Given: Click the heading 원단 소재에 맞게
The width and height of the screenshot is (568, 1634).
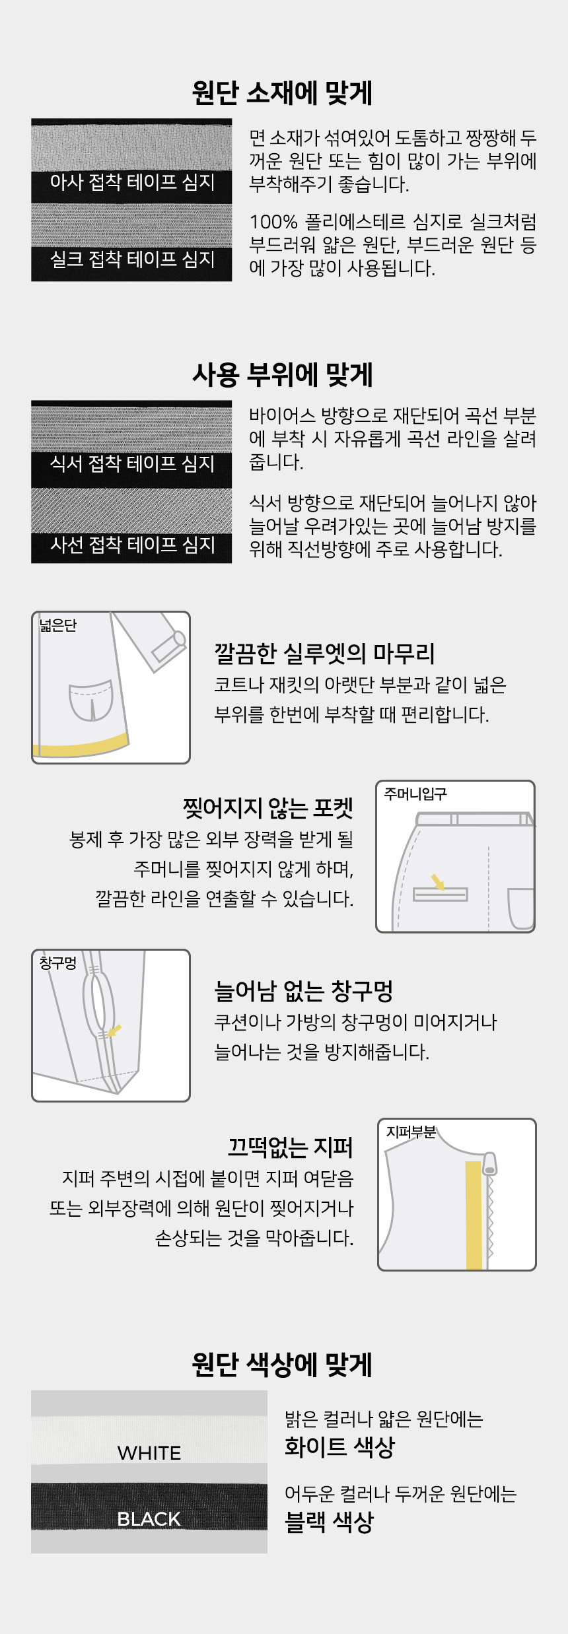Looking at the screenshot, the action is point(283,93).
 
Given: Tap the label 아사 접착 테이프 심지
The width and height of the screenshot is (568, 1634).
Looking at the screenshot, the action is point(132,182).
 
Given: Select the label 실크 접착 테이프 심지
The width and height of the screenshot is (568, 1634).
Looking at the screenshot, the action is point(132,259).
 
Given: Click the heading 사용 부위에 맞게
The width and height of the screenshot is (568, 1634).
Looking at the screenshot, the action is point(283,375).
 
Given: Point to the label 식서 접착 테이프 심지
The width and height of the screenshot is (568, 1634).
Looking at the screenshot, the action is point(132,464).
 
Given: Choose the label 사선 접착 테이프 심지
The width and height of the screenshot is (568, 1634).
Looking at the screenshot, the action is point(132,545).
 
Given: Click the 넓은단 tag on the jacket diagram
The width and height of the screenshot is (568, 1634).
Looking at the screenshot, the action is point(58,625).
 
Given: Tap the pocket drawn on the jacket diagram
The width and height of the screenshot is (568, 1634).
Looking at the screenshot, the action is point(91,700).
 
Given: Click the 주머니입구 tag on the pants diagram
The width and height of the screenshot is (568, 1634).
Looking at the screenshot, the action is point(415,794).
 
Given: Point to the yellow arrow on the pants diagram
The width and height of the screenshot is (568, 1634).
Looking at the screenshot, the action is point(438,882).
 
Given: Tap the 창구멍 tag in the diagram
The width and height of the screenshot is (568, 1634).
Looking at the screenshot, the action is point(58,963).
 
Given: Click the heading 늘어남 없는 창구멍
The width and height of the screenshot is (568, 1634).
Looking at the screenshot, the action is point(304,991).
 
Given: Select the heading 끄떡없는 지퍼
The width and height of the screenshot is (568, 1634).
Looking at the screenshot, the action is point(291,1148).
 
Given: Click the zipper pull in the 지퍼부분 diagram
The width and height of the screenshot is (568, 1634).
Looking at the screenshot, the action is point(489,1164).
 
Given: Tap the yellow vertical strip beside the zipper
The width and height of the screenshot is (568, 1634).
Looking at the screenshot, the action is point(474,1215).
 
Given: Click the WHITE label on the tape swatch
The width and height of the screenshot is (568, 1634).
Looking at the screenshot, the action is point(149,1453).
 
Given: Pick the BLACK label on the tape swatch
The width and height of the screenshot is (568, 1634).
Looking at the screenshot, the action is point(149,1519).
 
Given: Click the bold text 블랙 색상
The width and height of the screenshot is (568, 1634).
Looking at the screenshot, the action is point(329,1522).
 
